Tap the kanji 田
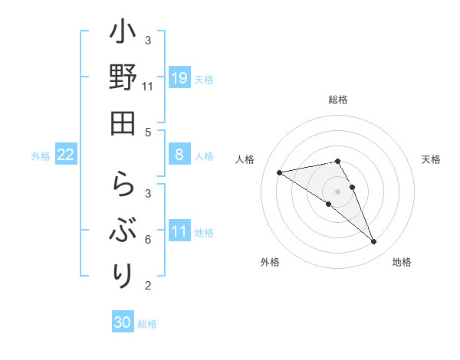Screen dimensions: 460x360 pyautogui.click(x=123, y=123)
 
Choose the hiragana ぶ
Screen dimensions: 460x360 pyautogui.click(x=123, y=230)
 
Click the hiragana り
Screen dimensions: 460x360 pyautogui.click(x=123, y=273)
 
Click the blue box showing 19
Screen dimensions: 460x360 pyautogui.click(x=179, y=78)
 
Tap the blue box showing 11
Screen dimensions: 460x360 pyautogui.click(x=179, y=232)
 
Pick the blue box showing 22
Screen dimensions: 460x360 pyautogui.click(x=66, y=155)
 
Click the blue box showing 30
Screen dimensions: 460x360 pyautogui.click(x=123, y=322)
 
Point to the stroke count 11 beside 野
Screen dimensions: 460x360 pyautogui.click(x=148, y=87)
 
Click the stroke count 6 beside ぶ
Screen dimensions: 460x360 pyautogui.click(x=148, y=240)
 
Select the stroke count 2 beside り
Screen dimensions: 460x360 pyautogui.click(x=148, y=286)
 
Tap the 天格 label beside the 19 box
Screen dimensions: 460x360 pyautogui.click(x=204, y=79)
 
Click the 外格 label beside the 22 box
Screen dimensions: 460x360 pyautogui.click(x=41, y=156)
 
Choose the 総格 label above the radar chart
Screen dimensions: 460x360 pyautogui.click(x=338, y=100)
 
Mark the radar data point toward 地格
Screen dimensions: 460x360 pyautogui.click(x=374, y=242)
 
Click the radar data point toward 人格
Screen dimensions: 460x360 pyautogui.click(x=279, y=172)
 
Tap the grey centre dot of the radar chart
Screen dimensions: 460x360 pyautogui.click(x=338, y=191)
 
